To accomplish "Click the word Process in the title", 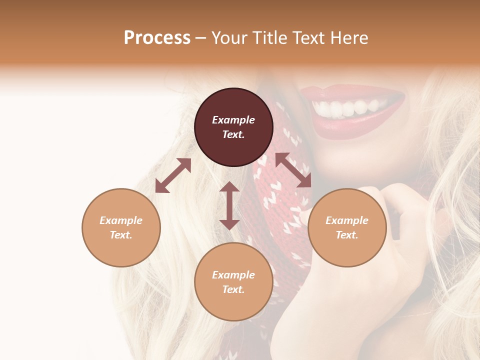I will (x=157, y=38).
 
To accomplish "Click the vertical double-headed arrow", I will (x=229, y=205).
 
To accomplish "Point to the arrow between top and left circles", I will (x=173, y=175).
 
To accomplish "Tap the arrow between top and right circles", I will (x=293, y=170).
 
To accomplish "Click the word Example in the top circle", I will (x=233, y=120).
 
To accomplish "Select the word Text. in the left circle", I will (x=121, y=235).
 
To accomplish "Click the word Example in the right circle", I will (x=347, y=220).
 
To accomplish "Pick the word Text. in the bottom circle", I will (x=233, y=289).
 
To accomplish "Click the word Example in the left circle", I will (x=121, y=220).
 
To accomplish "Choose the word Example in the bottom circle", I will (x=233, y=275).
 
